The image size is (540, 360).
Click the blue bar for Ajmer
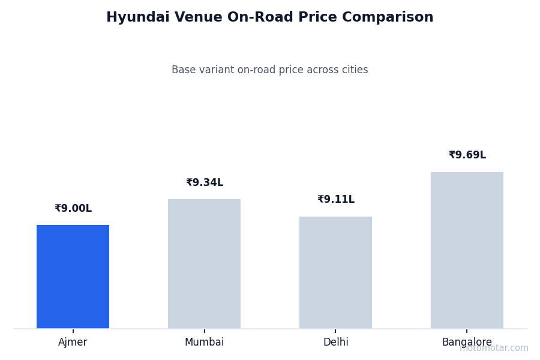pos(73,277)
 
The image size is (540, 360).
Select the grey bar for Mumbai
pos(204,264)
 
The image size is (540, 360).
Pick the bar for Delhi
pos(335,272)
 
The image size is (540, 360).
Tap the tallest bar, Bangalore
pos(467,250)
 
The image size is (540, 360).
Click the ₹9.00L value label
pos(73,209)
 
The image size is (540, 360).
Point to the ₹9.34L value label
pos(205,183)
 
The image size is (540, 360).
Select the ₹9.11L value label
pos(336,200)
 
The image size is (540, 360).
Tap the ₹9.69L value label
pos(467,155)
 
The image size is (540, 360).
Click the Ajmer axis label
pos(73,343)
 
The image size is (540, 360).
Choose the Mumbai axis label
pos(204,343)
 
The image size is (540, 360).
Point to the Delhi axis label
pos(335,343)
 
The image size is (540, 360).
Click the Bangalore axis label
pos(467,343)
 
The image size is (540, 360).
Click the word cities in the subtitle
pos(354,70)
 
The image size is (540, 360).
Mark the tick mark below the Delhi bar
pos(335,331)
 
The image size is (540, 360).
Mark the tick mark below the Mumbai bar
pos(204,331)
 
